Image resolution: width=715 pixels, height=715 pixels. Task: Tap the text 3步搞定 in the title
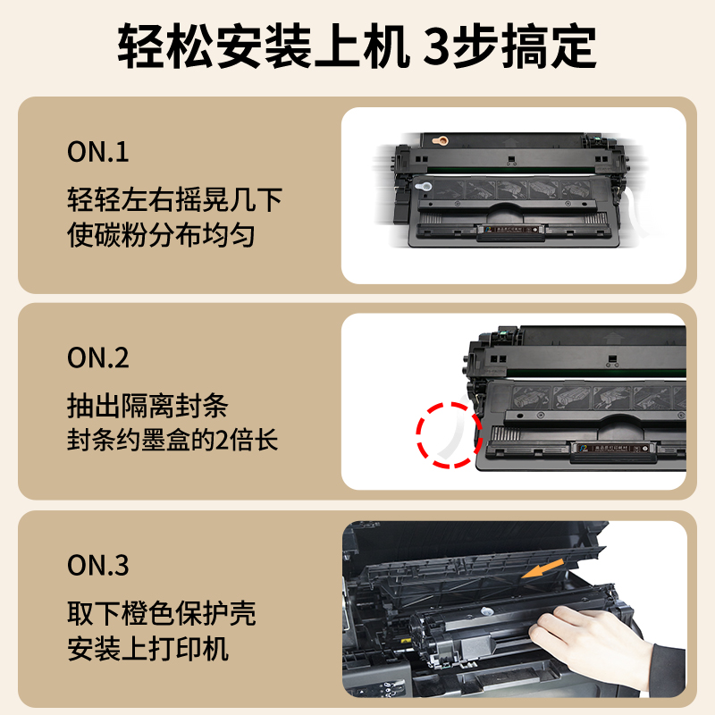point(509,46)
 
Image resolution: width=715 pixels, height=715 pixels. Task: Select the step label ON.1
point(98,152)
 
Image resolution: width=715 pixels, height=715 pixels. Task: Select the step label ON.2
point(98,357)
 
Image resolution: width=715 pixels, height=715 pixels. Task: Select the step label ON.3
point(98,565)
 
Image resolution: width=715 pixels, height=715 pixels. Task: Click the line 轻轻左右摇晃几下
point(174,198)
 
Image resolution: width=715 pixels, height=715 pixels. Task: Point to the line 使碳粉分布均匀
point(161,236)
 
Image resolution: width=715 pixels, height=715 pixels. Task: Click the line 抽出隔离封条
point(147,406)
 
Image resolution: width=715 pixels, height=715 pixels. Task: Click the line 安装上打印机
point(147,649)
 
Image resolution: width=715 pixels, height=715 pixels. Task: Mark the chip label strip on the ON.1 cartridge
point(509,231)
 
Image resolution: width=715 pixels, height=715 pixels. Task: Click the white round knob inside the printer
point(487,609)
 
